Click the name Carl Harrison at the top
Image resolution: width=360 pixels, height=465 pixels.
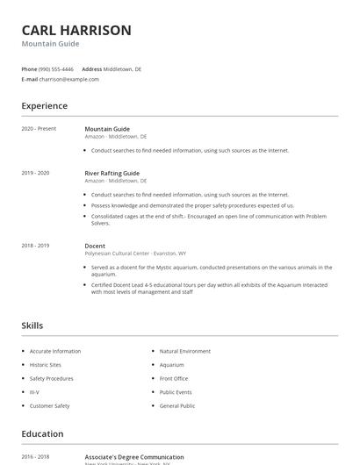click(76, 30)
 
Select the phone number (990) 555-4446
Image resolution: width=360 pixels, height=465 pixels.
click(57, 68)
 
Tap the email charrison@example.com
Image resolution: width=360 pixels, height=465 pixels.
click(69, 79)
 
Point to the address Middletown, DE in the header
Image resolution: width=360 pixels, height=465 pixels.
click(122, 68)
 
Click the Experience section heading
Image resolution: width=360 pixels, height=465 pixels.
click(44, 106)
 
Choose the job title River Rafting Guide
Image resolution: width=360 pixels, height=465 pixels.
click(112, 173)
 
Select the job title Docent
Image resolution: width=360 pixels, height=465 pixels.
click(95, 246)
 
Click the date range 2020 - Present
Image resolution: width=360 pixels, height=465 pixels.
click(39, 129)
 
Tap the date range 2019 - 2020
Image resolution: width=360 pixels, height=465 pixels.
click(35, 173)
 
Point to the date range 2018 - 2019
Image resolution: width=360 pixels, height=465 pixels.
click(35, 246)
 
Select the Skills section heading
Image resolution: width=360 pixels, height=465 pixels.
click(32, 325)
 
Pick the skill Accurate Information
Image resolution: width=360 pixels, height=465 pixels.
click(55, 351)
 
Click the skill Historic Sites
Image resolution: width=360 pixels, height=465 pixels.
click(46, 365)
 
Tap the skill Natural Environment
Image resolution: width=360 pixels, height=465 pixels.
click(185, 351)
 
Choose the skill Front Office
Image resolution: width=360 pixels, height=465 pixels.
click(174, 379)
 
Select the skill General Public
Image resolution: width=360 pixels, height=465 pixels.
click(176, 406)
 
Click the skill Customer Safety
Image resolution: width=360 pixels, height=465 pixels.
click(49, 406)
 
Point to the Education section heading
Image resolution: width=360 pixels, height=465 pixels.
click(42, 433)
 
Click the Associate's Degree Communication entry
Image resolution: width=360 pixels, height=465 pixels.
click(134, 457)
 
